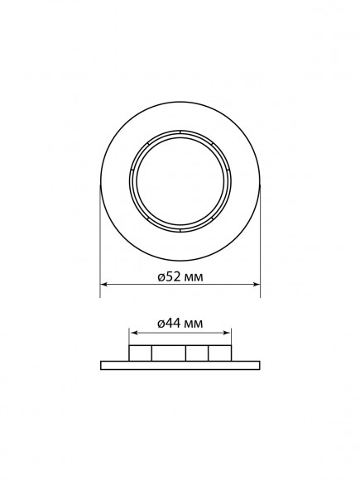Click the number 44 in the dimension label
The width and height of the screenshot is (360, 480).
[172, 324]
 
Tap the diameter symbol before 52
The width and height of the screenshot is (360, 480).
[161, 277]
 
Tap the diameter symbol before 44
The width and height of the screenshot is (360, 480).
[161, 324]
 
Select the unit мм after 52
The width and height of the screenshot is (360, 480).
[193, 278]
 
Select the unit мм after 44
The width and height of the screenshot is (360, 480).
[193, 324]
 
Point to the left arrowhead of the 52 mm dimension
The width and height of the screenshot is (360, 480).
[103, 285]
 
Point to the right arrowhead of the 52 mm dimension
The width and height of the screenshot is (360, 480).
[257, 285]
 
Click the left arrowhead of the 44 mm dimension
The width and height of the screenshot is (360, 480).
[132, 333]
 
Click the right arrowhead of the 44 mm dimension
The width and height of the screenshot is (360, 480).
[228, 333]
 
